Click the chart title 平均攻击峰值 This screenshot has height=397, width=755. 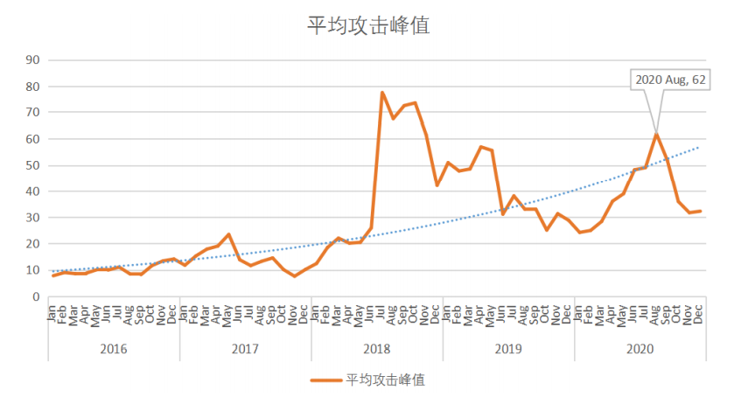[367, 25]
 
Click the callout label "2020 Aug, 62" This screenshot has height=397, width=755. [670, 80]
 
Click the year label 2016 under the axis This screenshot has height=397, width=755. [114, 348]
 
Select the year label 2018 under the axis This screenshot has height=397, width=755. [376, 348]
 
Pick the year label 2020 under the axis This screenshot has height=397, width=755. [640, 348]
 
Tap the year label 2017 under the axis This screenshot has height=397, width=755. [245, 348]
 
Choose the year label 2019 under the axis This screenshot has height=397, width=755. [508, 348]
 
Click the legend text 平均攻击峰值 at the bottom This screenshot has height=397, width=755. [386, 380]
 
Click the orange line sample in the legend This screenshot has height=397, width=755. [325, 380]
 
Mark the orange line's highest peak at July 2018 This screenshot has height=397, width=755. [382, 93]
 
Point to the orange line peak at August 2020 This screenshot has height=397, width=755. [656, 134]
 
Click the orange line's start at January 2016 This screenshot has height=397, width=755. [53, 275]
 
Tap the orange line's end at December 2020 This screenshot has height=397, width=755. [701, 211]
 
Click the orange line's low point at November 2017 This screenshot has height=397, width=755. [295, 276]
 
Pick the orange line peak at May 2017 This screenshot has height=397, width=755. [228, 234]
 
